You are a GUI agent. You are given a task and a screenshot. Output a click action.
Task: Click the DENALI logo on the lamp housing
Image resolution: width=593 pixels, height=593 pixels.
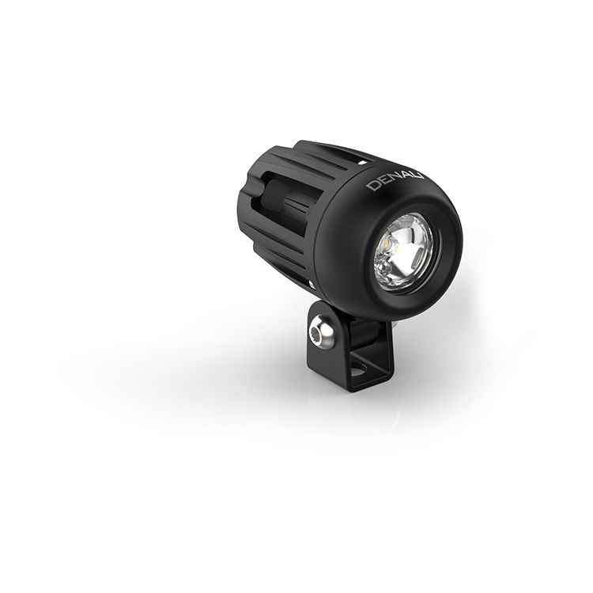coord(395,181)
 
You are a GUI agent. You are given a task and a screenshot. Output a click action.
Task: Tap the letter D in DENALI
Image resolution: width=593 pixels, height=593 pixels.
coord(372,186)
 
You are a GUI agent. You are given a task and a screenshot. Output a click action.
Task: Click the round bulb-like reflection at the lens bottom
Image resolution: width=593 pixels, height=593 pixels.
coord(386,269)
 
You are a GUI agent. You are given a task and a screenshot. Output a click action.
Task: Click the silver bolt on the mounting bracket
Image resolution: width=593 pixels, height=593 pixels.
coord(321,334)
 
